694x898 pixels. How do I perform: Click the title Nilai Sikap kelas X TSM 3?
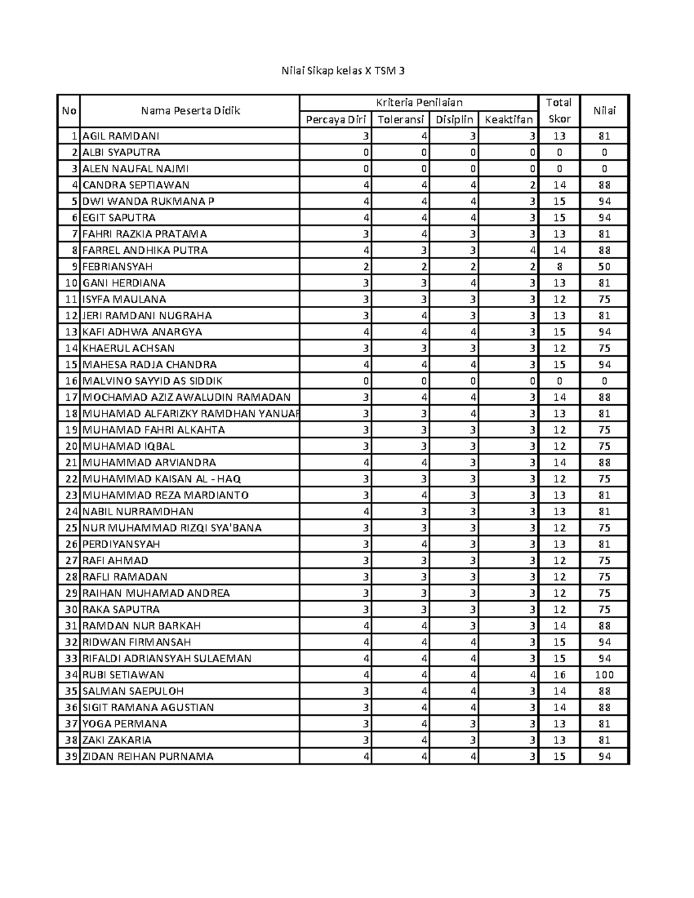tap(343, 71)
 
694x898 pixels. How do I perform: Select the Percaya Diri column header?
tap(335, 120)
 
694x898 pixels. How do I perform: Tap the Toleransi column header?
tap(400, 120)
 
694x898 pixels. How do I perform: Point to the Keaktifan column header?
tap(508, 120)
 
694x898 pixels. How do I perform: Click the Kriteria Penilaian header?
tap(419, 103)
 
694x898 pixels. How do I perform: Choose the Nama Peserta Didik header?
tap(190, 111)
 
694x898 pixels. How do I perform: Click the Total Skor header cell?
tap(559, 110)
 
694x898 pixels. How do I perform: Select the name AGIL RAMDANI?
tap(121, 136)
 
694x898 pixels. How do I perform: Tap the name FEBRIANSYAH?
tap(117, 267)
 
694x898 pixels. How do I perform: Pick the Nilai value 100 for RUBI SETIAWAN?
tap(604, 675)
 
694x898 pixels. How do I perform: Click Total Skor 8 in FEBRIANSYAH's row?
tap(559, 267)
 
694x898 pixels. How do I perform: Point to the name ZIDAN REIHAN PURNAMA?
tap(148, 756)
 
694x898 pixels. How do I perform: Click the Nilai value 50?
tap(604, 267)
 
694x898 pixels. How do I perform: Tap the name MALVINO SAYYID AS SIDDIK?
tap(153, 381)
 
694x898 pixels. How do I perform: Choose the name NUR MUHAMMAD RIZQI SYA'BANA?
tap(172, 528)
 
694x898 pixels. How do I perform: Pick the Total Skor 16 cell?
tap(559, 675)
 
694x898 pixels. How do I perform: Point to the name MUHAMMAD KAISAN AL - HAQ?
tap(162, 479)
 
